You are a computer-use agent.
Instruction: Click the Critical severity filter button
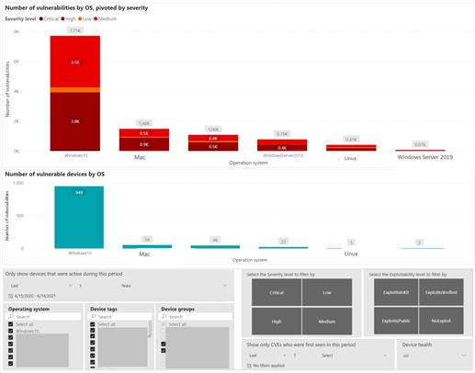coord(277,292)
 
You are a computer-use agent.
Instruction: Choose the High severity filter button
coord(277,322)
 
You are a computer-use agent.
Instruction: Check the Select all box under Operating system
coord(11,324)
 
